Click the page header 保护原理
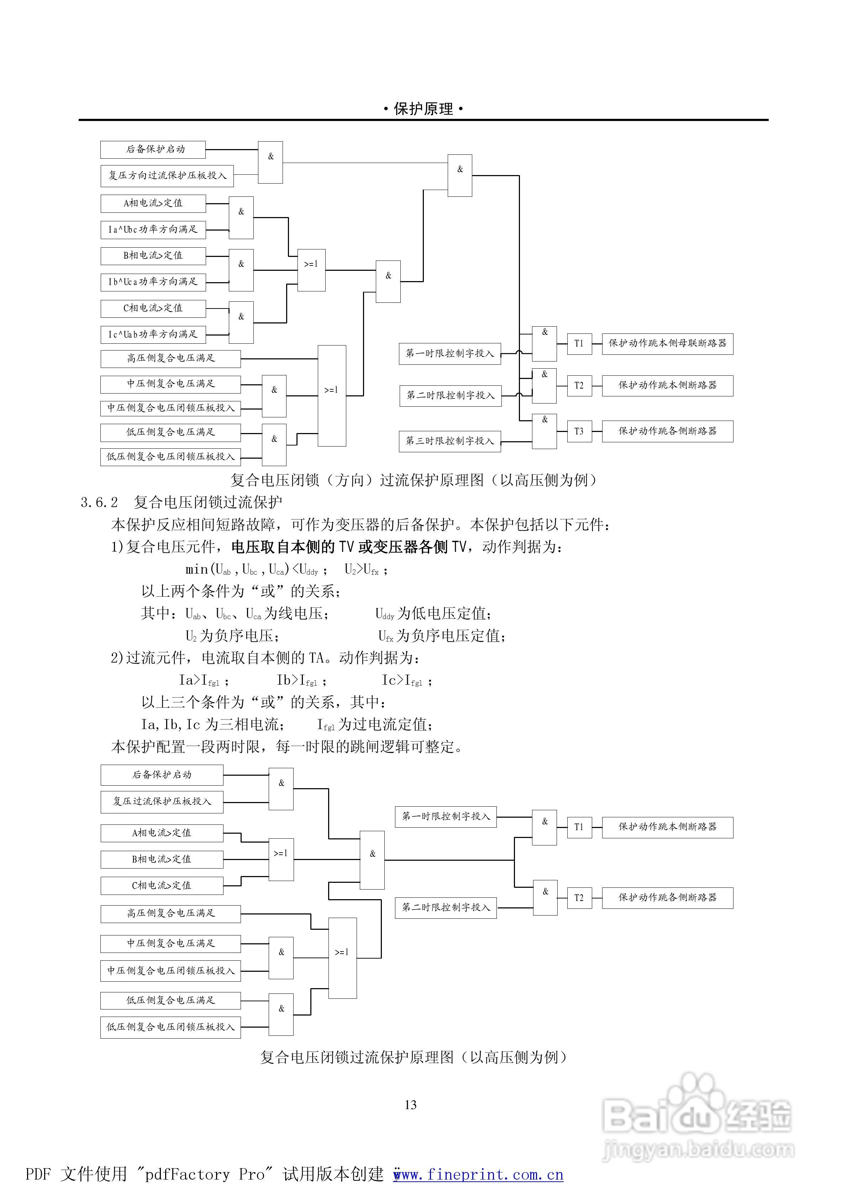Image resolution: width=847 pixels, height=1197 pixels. [423, 109]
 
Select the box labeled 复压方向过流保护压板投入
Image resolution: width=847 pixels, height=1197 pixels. [167, 176]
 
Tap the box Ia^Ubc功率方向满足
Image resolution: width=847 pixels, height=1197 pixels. [153, 230]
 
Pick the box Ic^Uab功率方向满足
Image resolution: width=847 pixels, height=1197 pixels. [153, 334]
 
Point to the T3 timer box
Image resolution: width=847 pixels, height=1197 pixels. [579, 432]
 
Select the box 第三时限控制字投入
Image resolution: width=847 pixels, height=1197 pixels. [449, 441]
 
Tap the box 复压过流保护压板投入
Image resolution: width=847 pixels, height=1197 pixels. [162, 802]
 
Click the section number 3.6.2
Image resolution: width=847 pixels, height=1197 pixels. [99, 502]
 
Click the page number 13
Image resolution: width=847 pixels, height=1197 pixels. [410, 1105]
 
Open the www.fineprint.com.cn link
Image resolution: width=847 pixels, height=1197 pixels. [478, 1174]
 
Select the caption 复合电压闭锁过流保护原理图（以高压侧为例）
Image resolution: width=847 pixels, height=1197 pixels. [413, 1057]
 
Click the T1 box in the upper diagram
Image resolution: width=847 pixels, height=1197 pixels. [579, 344]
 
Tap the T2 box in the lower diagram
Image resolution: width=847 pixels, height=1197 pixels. [579, 898]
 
